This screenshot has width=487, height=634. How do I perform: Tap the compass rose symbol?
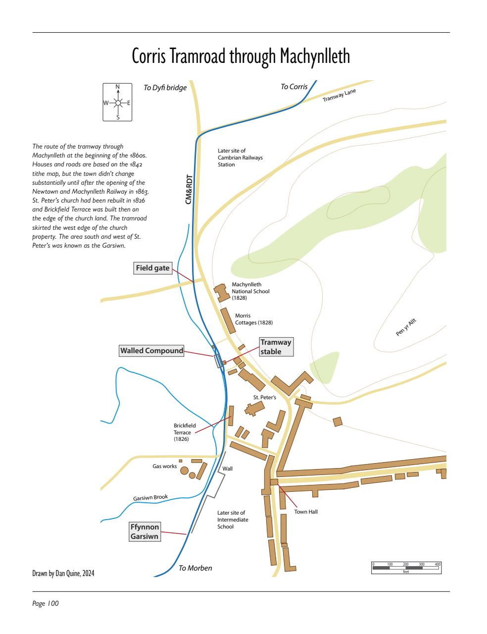click(x=118, y=103)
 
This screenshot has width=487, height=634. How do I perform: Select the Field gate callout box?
click(x=153, y=268)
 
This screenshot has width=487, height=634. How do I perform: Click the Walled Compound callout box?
click(x=151, y=351)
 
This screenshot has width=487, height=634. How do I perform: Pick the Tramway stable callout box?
click(x=276, y=347)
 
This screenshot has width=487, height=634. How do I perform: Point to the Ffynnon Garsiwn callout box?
click(x=145, y=531)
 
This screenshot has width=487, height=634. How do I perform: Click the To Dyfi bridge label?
click(x=165, y=88)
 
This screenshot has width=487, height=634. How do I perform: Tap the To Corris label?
click(x=294, y=87)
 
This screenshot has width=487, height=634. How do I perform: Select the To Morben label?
click(x=195, y=568)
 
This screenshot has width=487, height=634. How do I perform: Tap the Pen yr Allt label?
click(x=406, y=328)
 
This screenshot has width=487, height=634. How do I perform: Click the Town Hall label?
click(x=306, y=512)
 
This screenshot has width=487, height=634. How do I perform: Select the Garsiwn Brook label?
click(x=150, y=497)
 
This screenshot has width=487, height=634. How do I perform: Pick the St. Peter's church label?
click(x=264, y=397)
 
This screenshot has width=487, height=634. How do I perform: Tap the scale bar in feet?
click(x=406, y=568)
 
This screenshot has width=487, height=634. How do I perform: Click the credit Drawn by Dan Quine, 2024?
click(x=63, y=574)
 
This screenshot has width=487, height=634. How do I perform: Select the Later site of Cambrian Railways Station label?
click(x=240, y=158)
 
